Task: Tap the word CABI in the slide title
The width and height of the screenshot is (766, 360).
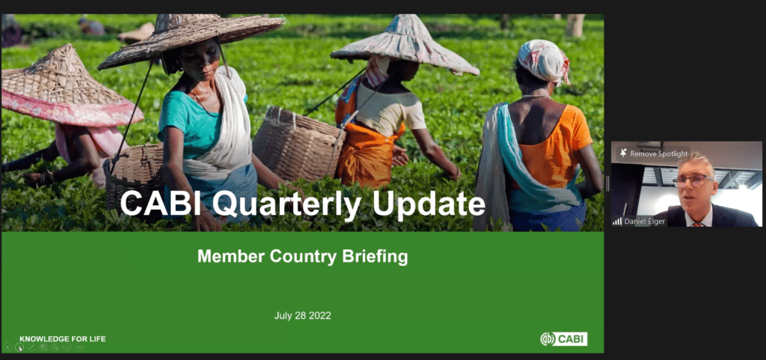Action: click(x=161, y=204)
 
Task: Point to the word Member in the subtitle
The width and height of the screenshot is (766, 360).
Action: click(x=226, y=256)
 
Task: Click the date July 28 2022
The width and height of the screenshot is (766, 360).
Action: click(x=302, y=316)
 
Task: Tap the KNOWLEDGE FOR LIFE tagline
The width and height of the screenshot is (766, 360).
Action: click(x=63, y=339)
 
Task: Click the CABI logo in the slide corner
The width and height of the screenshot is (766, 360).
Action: click(x=564, y=339)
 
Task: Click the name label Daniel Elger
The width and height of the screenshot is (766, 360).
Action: click(x=644, y=222)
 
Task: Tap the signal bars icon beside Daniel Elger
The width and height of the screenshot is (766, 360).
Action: click(x=617, y=222)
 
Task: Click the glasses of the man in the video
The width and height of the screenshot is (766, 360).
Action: click(x=693, y=180)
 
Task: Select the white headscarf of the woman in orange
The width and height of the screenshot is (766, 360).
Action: click(x=543, y=61)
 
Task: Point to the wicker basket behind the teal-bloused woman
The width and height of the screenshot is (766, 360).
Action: click(x=299, y=144)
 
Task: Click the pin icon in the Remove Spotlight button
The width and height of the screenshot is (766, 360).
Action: click(x=623, y=153)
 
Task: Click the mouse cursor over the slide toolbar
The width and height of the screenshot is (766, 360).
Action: click(x=20, y=349)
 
